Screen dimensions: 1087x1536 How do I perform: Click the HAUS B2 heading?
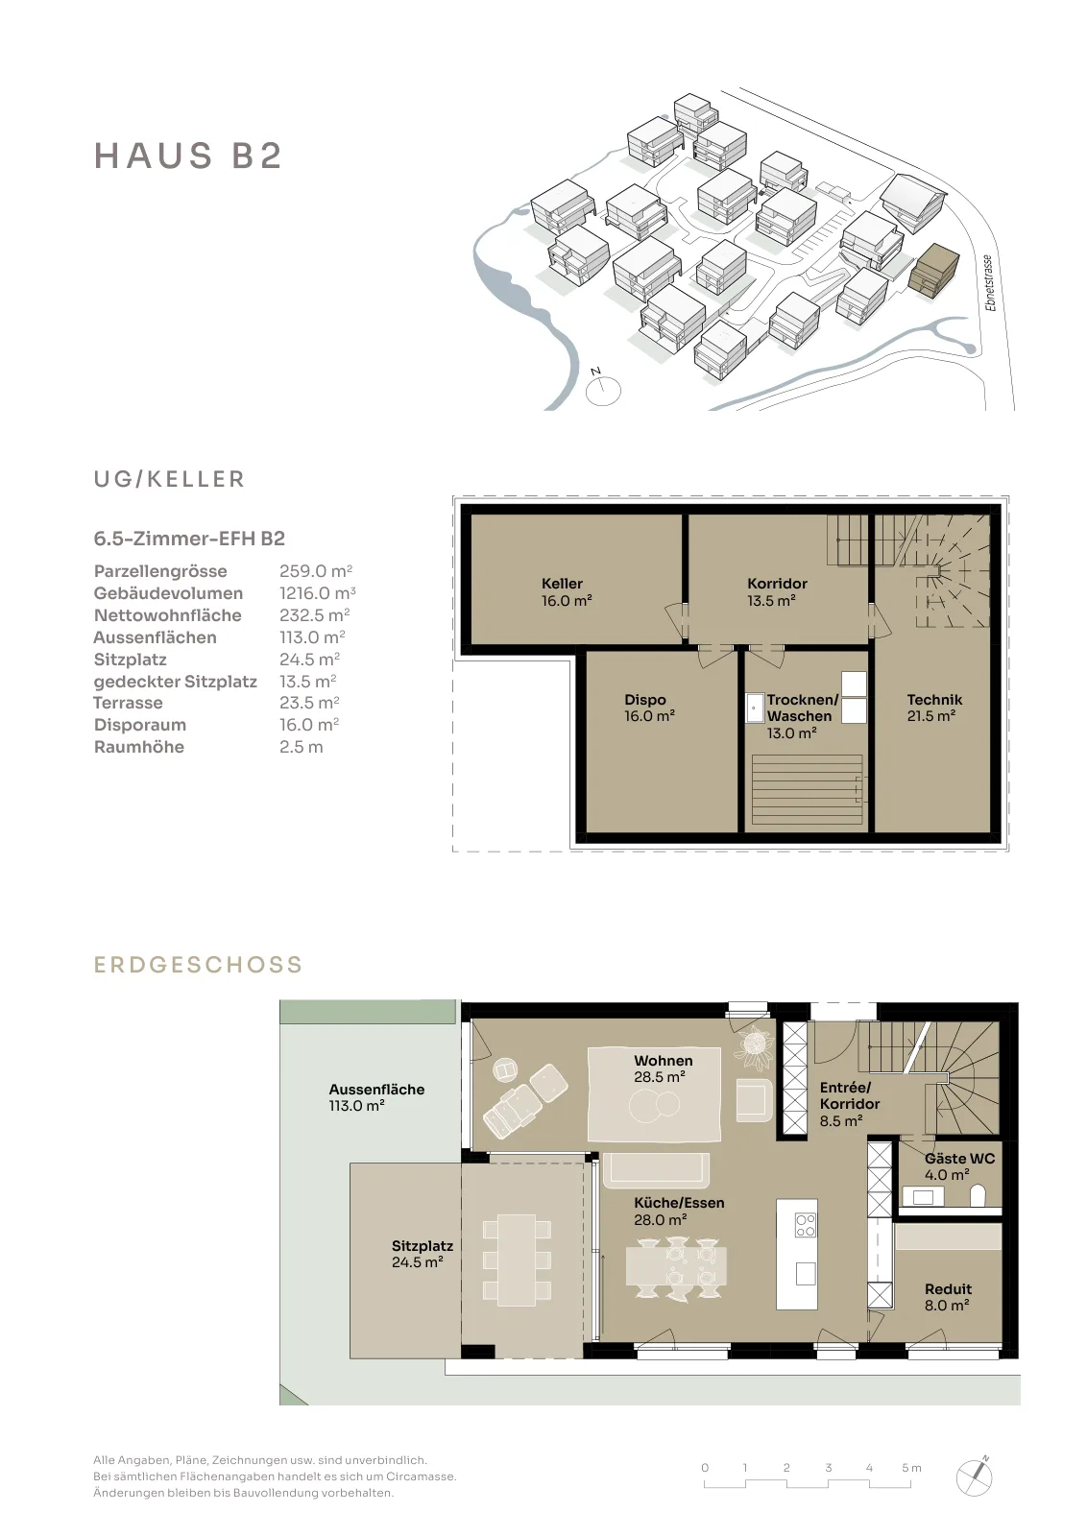(188, 156)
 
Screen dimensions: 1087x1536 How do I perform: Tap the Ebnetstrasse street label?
(988, 283)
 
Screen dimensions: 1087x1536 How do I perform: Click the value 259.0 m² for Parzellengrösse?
(316, 571)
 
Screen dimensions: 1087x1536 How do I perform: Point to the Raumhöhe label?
(139, 747)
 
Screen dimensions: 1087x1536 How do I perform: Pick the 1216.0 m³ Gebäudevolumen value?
(318, 593)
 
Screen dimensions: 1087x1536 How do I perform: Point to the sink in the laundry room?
(755, 708)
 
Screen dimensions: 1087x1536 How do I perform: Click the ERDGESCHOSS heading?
(198, 965)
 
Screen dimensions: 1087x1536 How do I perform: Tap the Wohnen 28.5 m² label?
(663, 1068)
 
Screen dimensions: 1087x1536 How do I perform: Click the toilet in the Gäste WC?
(978, 1196)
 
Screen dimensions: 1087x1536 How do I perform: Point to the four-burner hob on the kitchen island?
(805, 1225)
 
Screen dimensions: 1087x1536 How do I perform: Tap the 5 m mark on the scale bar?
(911, 1468)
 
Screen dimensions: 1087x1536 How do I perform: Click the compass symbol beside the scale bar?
(976, 1476)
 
